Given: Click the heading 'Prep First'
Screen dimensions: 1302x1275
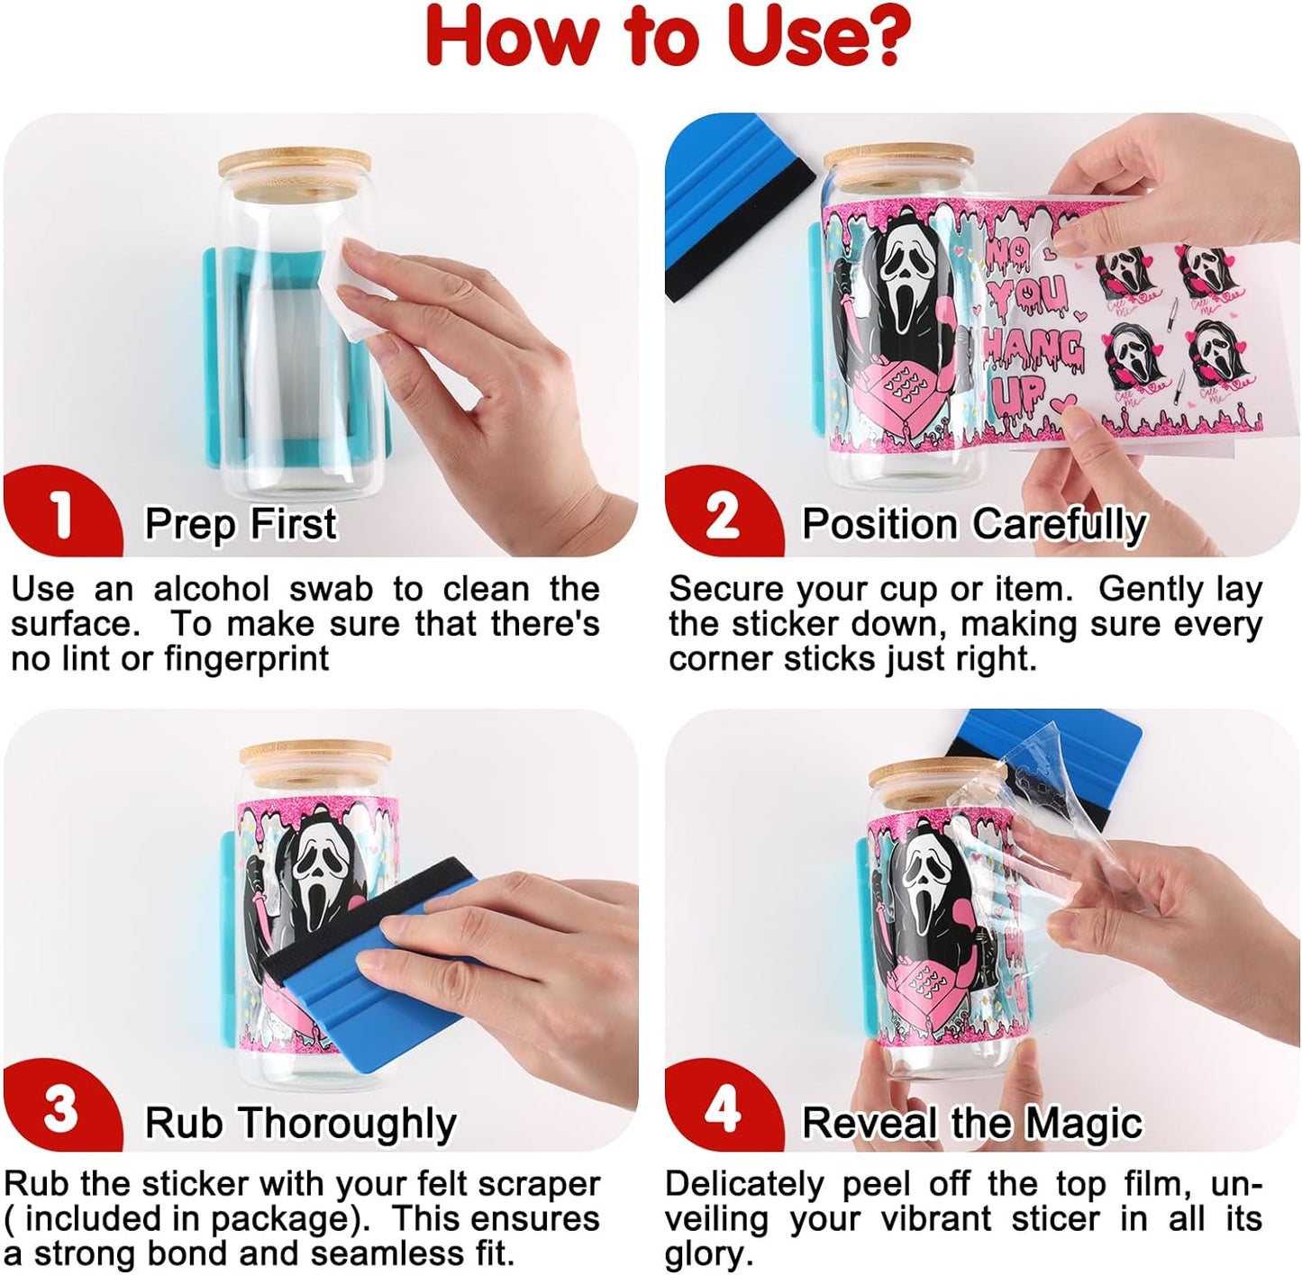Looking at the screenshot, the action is point(241,524).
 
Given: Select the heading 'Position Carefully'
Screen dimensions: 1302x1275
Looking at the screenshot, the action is point(974,524).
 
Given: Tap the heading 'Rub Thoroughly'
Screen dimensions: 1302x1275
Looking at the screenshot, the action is point(301,1123).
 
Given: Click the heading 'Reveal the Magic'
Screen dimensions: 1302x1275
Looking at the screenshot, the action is point(972,1122).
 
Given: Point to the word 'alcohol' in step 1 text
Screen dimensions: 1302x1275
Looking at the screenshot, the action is point(212,589).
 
